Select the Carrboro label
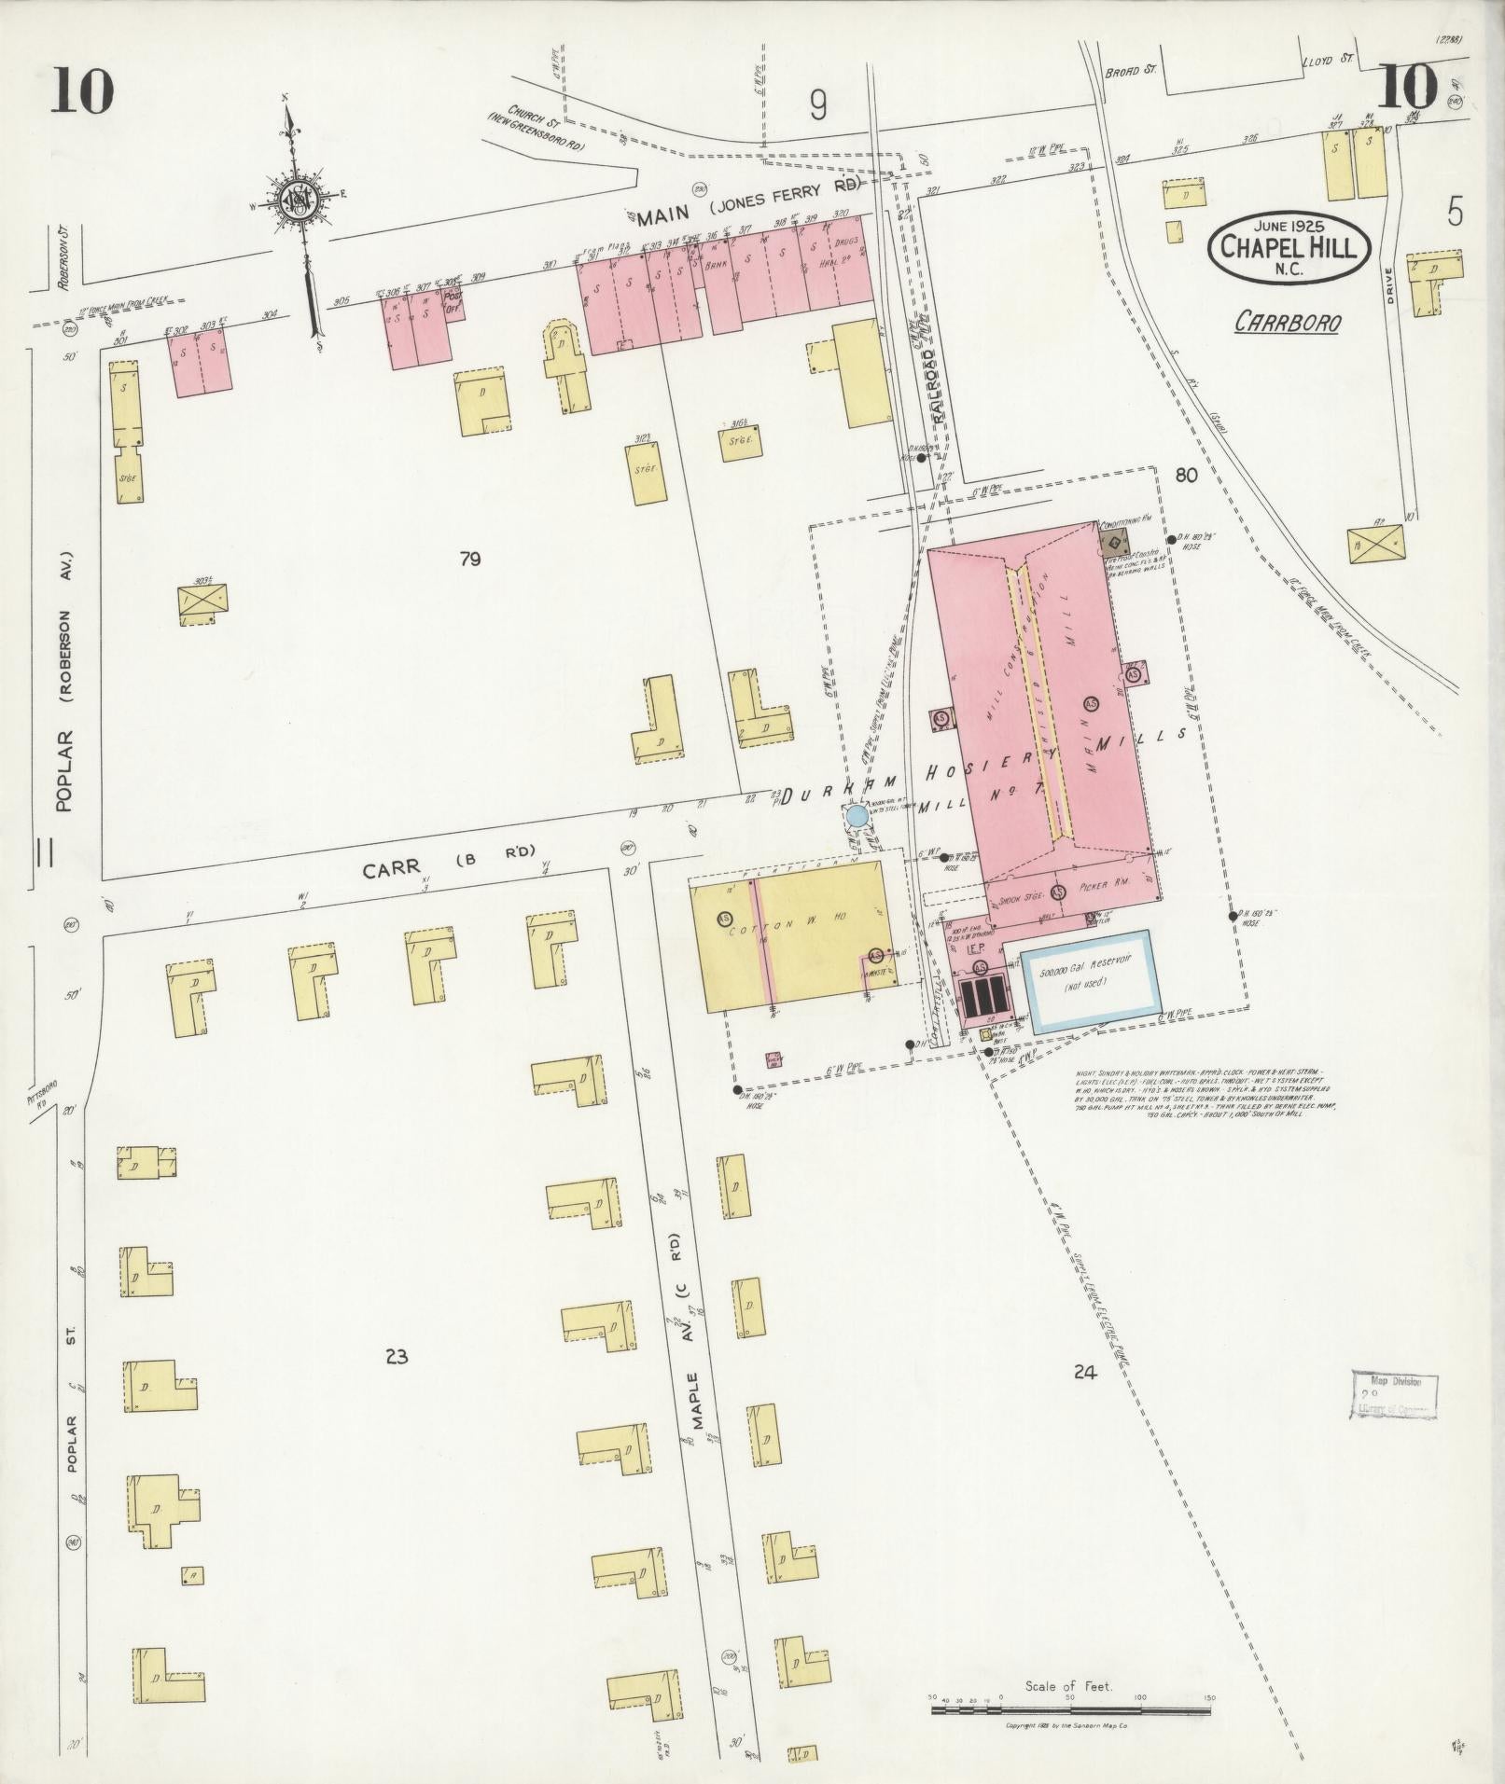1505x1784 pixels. click(x=1288, y=322)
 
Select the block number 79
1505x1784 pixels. click(x=469, y=560)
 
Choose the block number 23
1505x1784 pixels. click(x=396, y=1356)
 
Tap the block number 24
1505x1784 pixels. click(x=1083, y=1372)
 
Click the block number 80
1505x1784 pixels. click(x=1186, y=476)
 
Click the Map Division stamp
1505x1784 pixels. click(x=1394, y=1396)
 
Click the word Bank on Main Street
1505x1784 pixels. click(x=717, y=265)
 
